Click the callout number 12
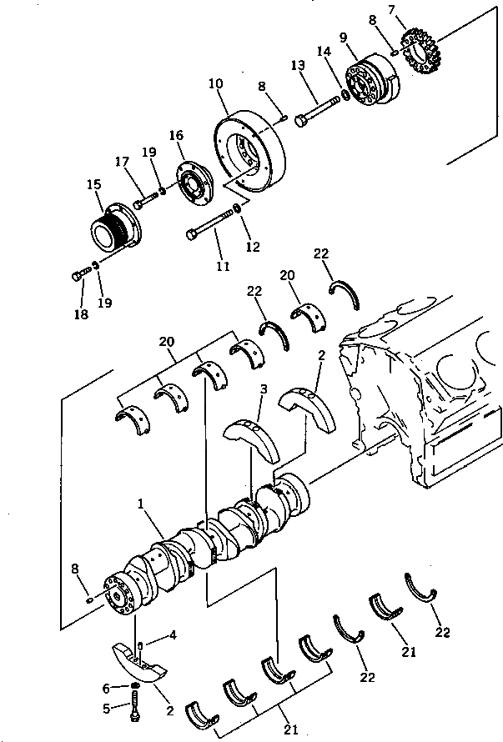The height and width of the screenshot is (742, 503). click(x=252, y=247)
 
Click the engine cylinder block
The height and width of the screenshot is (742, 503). click(x=425, y=392)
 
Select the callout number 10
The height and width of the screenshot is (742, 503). click(x=216, y=84)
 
